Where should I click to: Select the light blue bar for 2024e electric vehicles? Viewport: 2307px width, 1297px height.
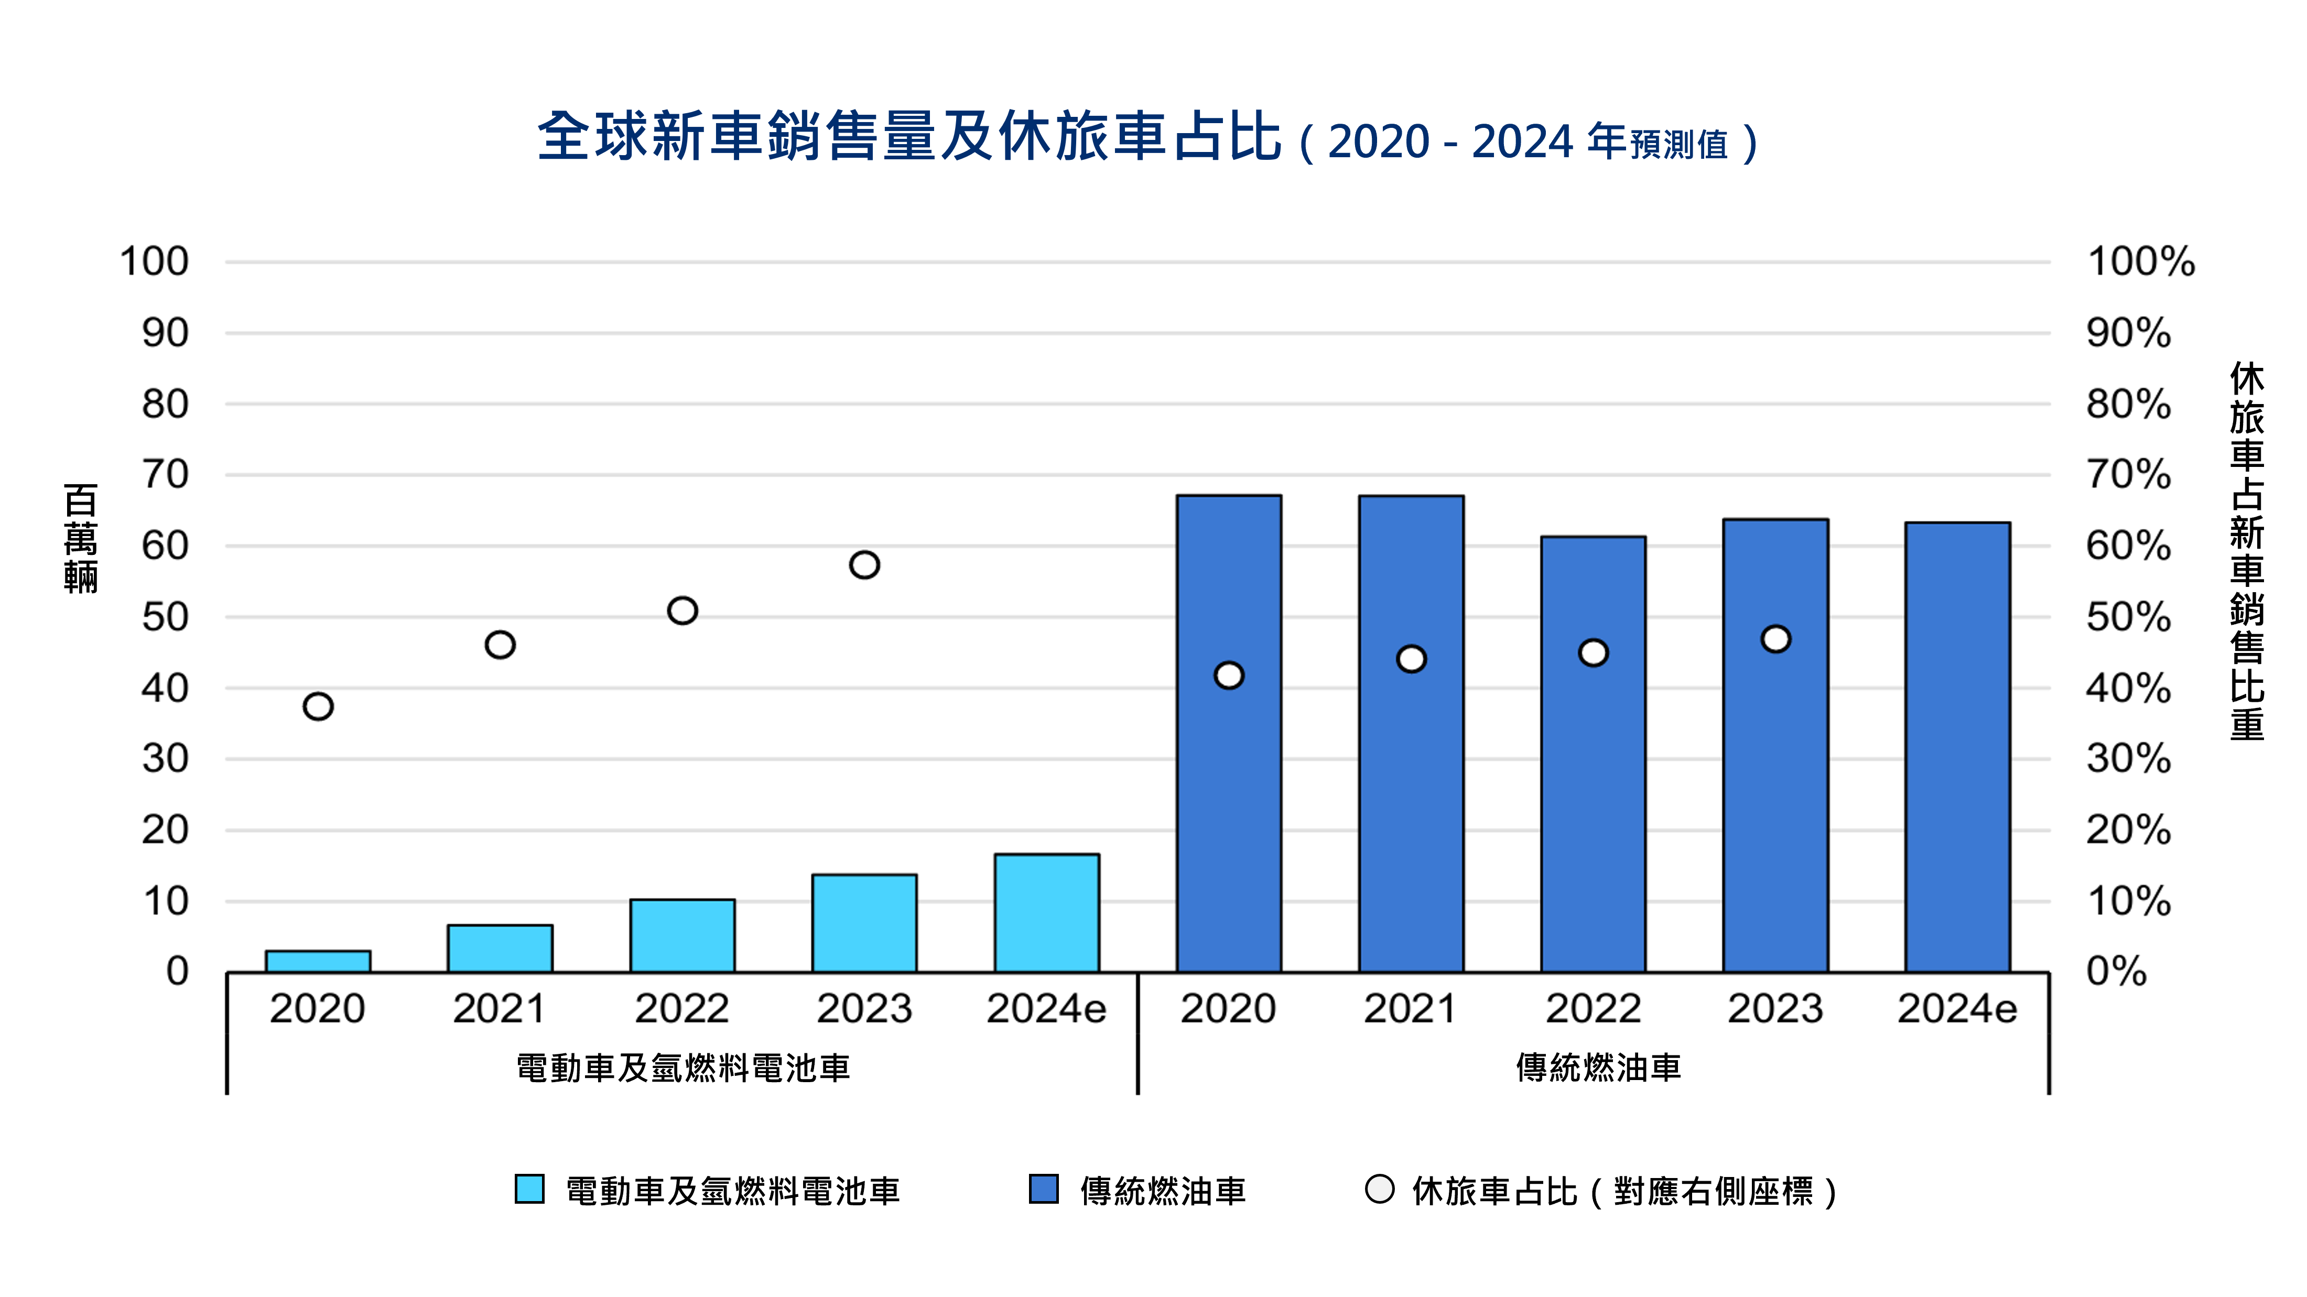click(1046, 913)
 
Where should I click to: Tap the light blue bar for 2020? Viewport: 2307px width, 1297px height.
click(318, 961)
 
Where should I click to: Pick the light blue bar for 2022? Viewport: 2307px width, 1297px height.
click(683, 935)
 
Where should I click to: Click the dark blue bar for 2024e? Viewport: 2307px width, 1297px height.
click(1957, 747)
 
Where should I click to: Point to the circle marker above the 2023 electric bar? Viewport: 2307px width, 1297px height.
click(864, 565)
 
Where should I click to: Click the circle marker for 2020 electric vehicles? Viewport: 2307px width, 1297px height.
click(318, 706)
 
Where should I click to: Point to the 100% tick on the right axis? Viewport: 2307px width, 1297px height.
click(2140, 261)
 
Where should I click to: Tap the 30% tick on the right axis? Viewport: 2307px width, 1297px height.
click(2128, 759)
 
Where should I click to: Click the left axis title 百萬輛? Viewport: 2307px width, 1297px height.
click(81, 539)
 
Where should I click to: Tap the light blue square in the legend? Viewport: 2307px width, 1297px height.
click(529, 1189)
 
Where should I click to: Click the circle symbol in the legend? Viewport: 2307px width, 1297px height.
click(1379, 1189)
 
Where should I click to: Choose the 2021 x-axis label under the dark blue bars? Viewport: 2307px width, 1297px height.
click(1410, 1009)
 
